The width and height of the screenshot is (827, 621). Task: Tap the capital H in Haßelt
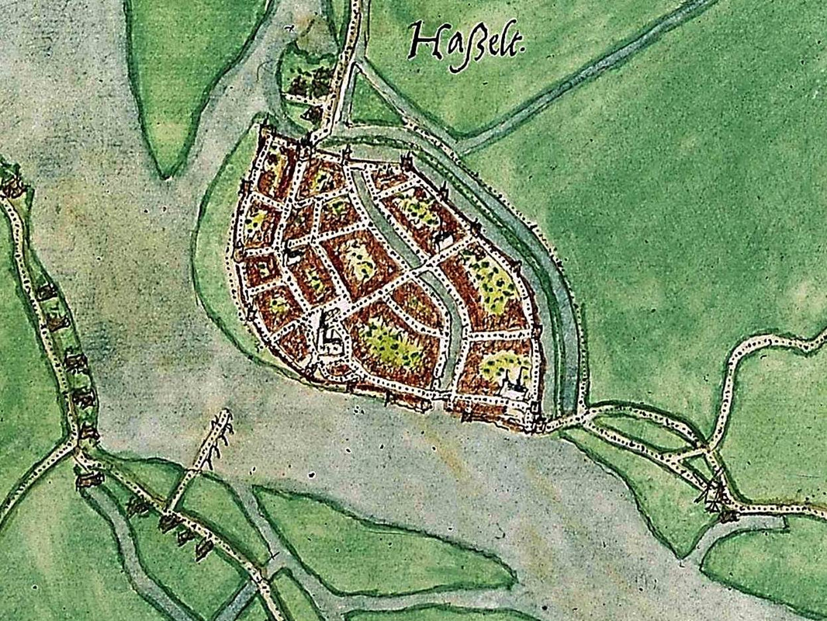[x=422, y=42]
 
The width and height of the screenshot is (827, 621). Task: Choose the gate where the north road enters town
[x=310, y=140]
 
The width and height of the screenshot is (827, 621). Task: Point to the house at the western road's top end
[x=11, y=186]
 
